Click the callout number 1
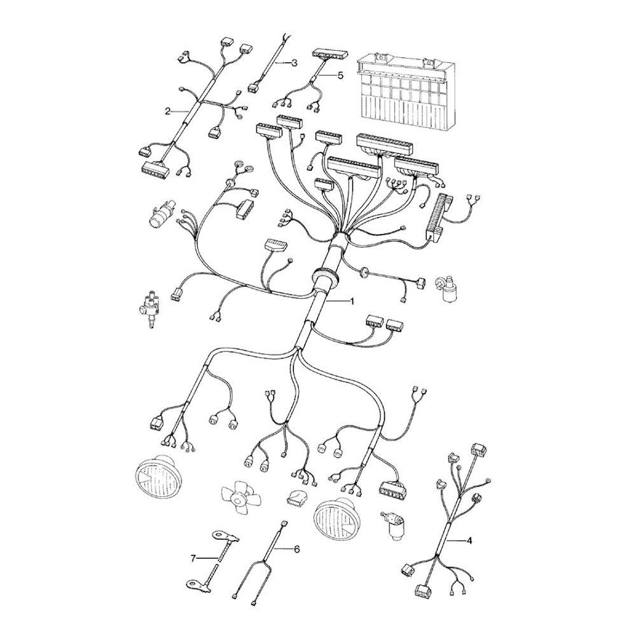352,301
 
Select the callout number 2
167,111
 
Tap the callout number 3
294,63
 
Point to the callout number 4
469,540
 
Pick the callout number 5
340,75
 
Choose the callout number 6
296,550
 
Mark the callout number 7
193,558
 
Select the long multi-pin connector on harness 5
330,54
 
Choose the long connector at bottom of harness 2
155,168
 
